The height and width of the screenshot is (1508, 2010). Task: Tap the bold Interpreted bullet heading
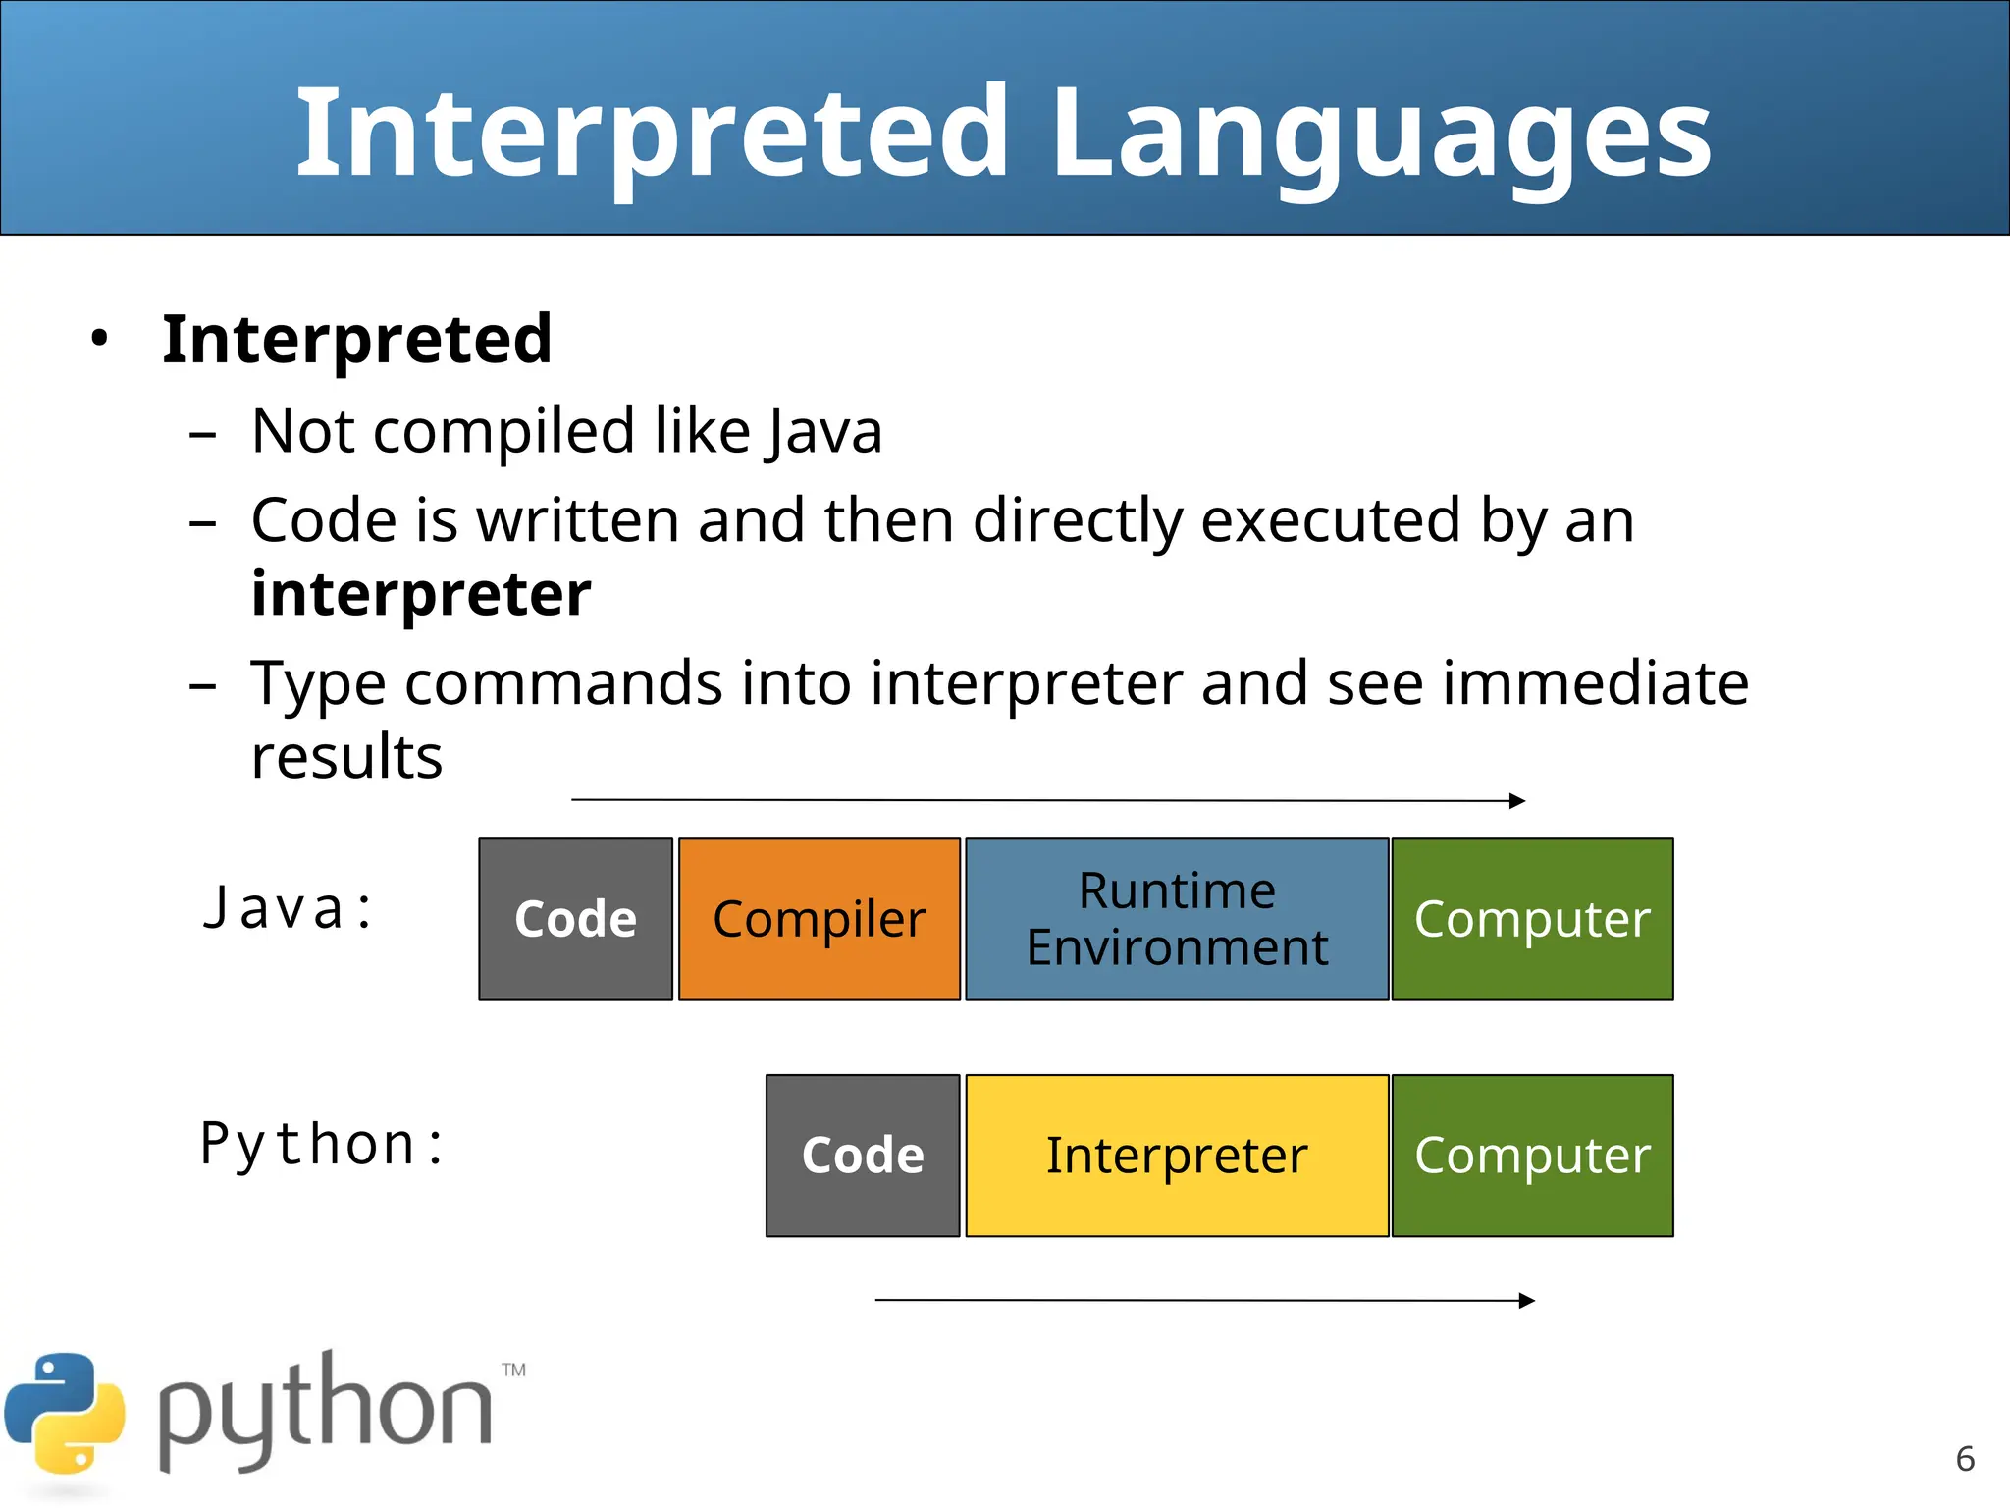357,340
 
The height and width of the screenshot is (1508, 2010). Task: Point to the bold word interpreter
421,594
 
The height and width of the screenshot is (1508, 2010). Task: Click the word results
346,757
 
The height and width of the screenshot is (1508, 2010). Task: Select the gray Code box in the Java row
576,919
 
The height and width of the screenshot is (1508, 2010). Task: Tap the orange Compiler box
819,919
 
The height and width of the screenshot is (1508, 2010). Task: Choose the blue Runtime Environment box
1177,919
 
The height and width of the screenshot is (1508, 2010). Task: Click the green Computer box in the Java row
1532,919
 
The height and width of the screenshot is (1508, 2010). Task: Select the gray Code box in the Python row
863,1156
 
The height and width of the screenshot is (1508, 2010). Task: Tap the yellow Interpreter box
1177,1156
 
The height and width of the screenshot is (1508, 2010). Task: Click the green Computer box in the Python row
1532,1156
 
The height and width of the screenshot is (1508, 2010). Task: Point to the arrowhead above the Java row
1517,801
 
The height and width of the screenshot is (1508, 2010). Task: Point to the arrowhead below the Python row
1526,1301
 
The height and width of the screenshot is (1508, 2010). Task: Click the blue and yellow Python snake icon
65,1413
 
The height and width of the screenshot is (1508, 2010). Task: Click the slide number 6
1965,1459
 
